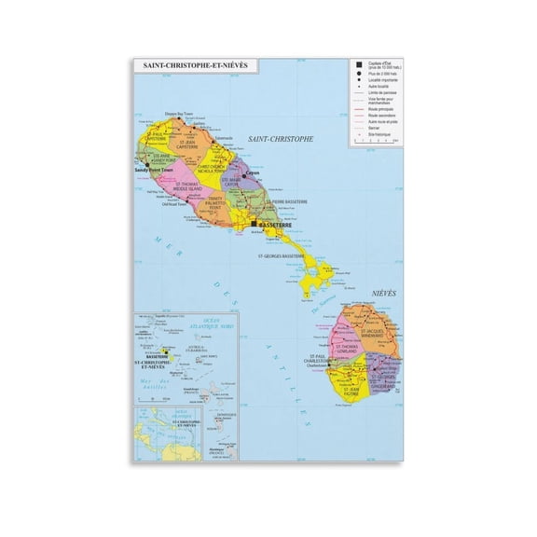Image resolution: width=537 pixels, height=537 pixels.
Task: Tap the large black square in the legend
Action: (x=358, y=64)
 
